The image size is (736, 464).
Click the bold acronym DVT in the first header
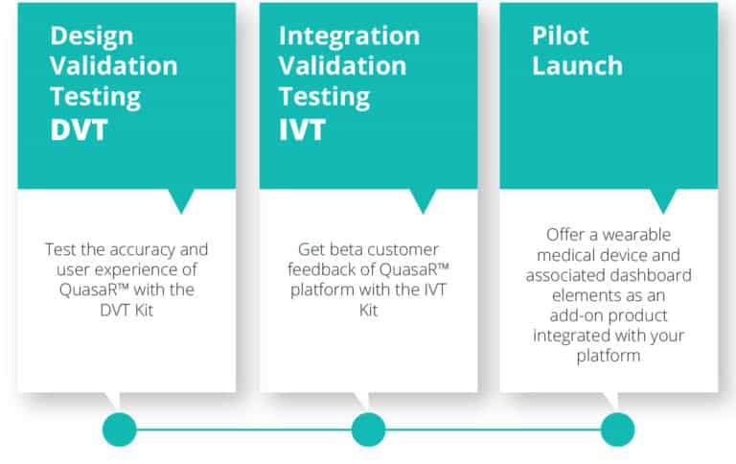tap(79, 130)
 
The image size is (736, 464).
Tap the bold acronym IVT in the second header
tap(302, 130)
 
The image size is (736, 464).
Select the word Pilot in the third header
tap(560, 35)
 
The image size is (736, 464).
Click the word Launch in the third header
tap(577, 66)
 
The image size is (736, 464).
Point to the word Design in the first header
tap(92, 37)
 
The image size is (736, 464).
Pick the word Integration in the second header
tap(349, 37)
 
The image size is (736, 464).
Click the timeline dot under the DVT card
tap(119, 429)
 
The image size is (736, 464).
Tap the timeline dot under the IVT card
tap(368, 429)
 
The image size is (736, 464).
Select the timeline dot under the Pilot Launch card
tap(618, 429)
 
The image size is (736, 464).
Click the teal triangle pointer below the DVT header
tap(181, 199)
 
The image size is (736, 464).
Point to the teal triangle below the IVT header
tap(423, 199)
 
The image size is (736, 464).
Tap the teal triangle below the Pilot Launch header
tap(663, 199)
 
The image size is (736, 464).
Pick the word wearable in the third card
tap(636, 234)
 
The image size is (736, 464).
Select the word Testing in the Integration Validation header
tap(324, 98)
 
